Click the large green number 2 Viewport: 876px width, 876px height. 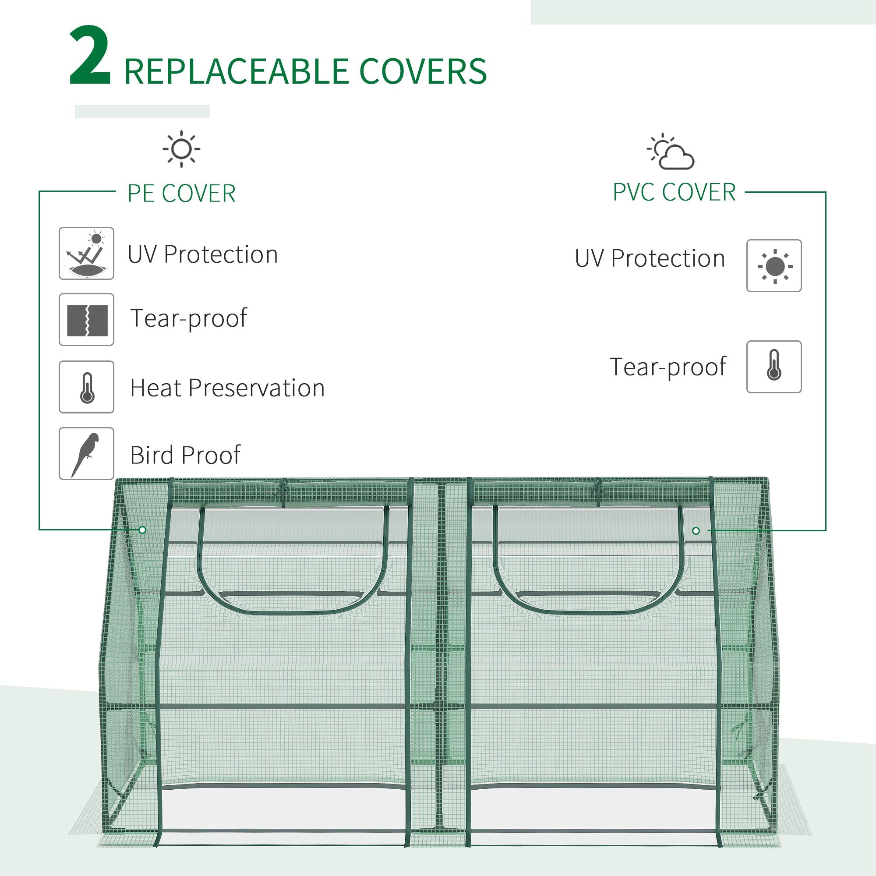pyautogui.click(x=89, y=56)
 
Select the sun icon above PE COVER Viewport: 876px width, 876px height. pyautogui.click(x=181, y=149)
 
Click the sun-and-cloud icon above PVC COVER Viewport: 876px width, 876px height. pyautogui.click(x=671, y=152)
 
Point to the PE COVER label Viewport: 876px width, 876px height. pyautogui.click(x=181, y=194)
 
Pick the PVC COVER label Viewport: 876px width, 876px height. pyautogui.click(x=674, y=192)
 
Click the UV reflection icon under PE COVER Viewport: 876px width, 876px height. pyautogui.click(x=86, y=254)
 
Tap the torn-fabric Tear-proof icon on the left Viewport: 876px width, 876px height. pyautogui.click(x=86, y=320)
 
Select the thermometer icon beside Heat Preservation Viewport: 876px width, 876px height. pyautogui.click(x=86, y=387)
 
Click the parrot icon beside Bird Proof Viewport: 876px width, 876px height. pyautogui.click(x=86, y=453)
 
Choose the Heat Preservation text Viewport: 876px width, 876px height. pyautogui.click(x=227, y=388)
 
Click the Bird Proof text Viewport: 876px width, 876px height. pyautogui.click(x=185, y=455)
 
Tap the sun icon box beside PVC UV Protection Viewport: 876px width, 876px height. pyautogui.click(x=774, y=266)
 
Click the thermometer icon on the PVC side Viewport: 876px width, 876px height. pyautogui.click(x=774, y=367)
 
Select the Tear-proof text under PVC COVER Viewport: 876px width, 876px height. pyautogui.click(x=668, y=367)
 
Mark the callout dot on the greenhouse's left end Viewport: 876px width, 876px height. pyautogui.click(x=142, y=530)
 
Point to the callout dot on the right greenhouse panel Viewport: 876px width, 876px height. pyautogui.click(x=696, y=530)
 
